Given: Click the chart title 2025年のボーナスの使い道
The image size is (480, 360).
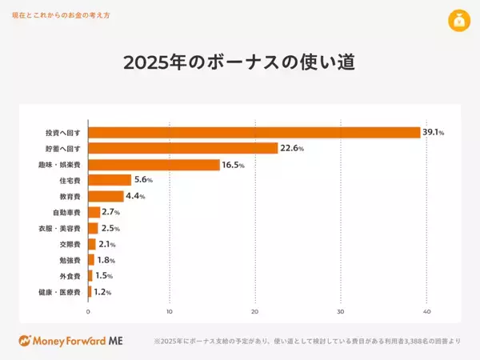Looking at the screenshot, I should [239, 62].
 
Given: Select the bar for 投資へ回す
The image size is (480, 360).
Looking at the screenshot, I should [254, 132].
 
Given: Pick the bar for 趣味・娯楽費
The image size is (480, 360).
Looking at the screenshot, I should [154, 165].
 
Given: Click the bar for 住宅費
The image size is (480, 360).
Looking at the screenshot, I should [110, 180].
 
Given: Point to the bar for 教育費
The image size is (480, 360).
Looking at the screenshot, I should [106, 196].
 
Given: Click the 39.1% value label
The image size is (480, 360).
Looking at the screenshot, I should [434, 132].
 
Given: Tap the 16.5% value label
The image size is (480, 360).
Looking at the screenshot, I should [233, 165].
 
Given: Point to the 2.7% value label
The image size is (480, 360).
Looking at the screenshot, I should [110, 212].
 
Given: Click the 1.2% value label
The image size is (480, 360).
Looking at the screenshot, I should [102, 292].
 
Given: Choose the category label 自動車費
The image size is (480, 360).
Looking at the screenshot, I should [66, 212].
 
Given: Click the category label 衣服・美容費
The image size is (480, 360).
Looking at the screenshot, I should [61, 228].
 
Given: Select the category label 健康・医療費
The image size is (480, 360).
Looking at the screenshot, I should [61, 292].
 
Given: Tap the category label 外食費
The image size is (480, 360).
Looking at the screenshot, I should [70, 276].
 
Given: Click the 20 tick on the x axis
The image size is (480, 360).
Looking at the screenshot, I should [255, 311].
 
